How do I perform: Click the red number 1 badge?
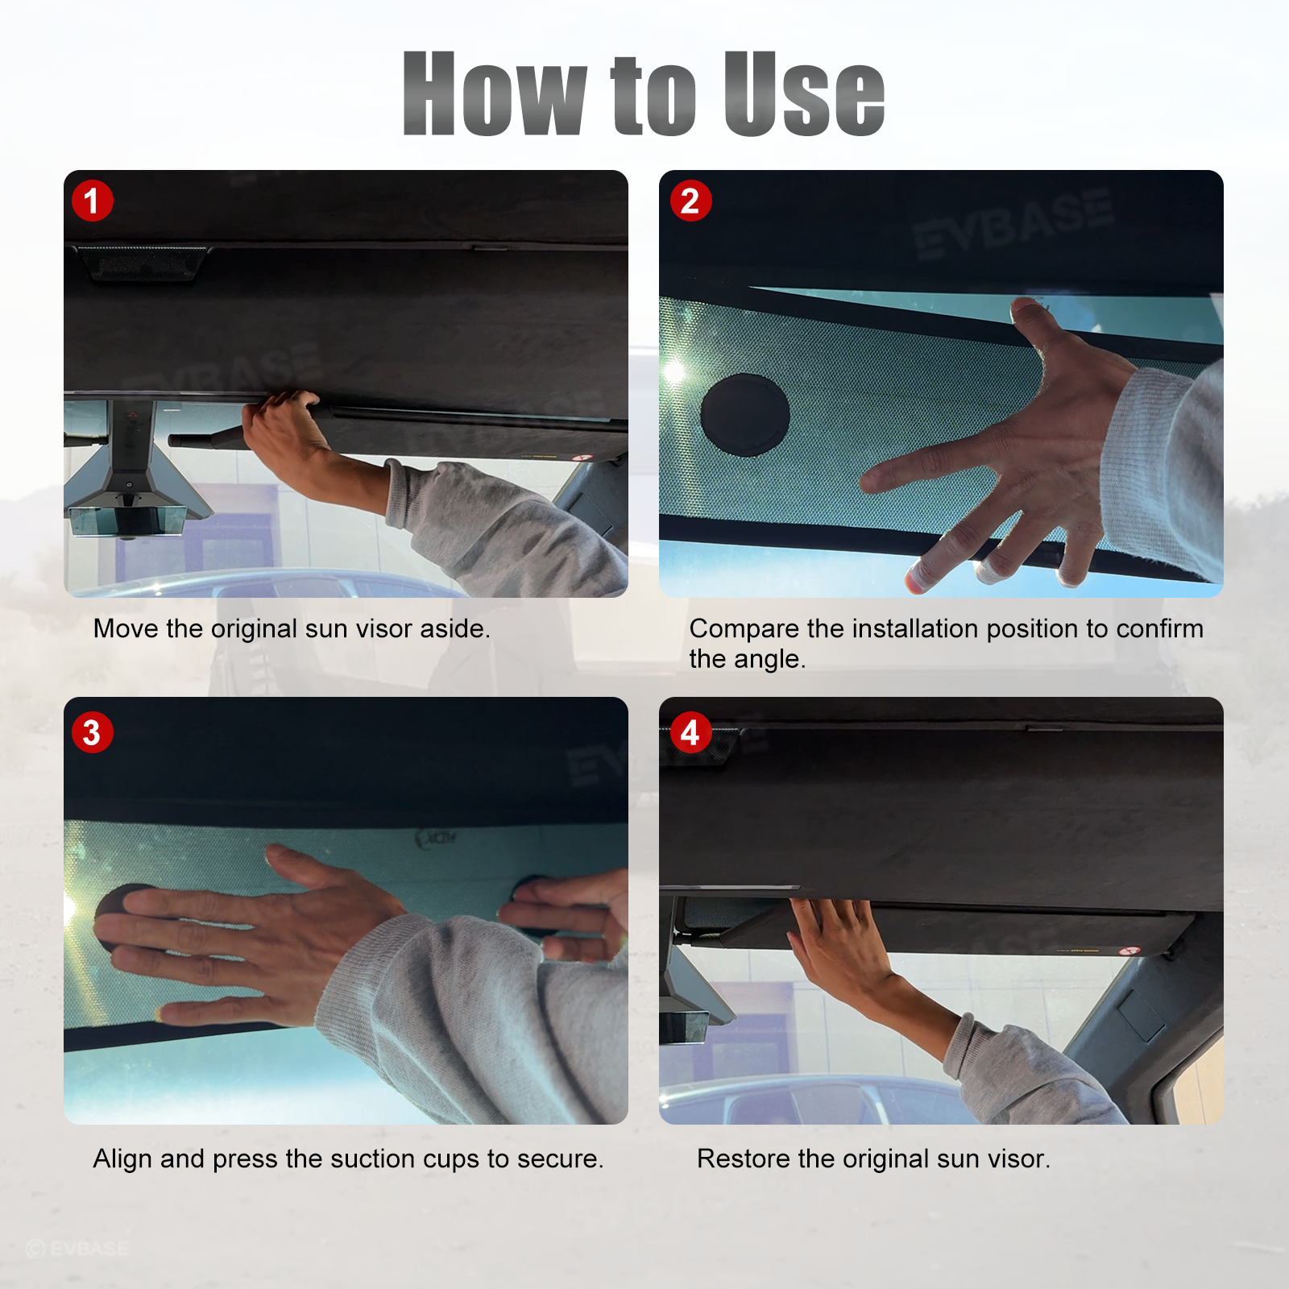coord(92,201)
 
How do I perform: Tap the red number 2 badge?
coord(690,201)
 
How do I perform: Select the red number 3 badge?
coord(92,732)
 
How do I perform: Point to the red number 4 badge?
coord(690,732)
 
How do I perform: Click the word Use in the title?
coord(804,93)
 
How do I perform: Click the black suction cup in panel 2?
coord(745,415)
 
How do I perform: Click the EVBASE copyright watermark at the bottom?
coord(77,1249)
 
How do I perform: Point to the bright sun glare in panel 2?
coord(674,371)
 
